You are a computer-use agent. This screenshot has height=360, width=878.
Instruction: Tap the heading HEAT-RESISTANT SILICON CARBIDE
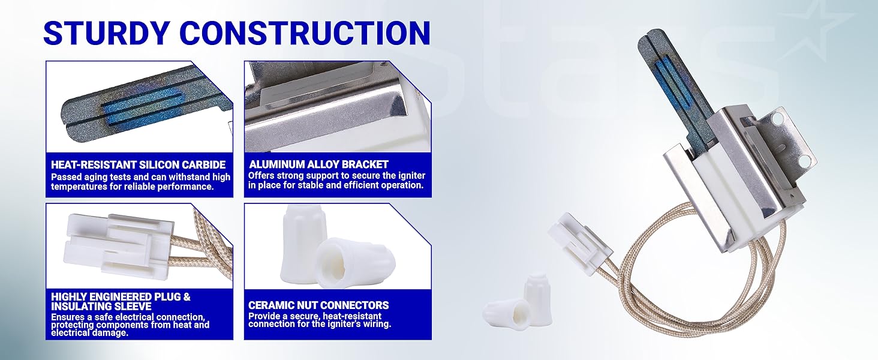(138, 164)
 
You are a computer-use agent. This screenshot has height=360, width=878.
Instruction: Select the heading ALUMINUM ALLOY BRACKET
(318, 164)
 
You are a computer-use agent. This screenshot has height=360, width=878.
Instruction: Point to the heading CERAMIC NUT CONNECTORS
(318, 305)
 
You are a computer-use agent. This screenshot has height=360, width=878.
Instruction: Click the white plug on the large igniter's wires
(579, 243)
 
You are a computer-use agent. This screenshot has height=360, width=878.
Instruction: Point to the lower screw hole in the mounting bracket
(805, 160)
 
